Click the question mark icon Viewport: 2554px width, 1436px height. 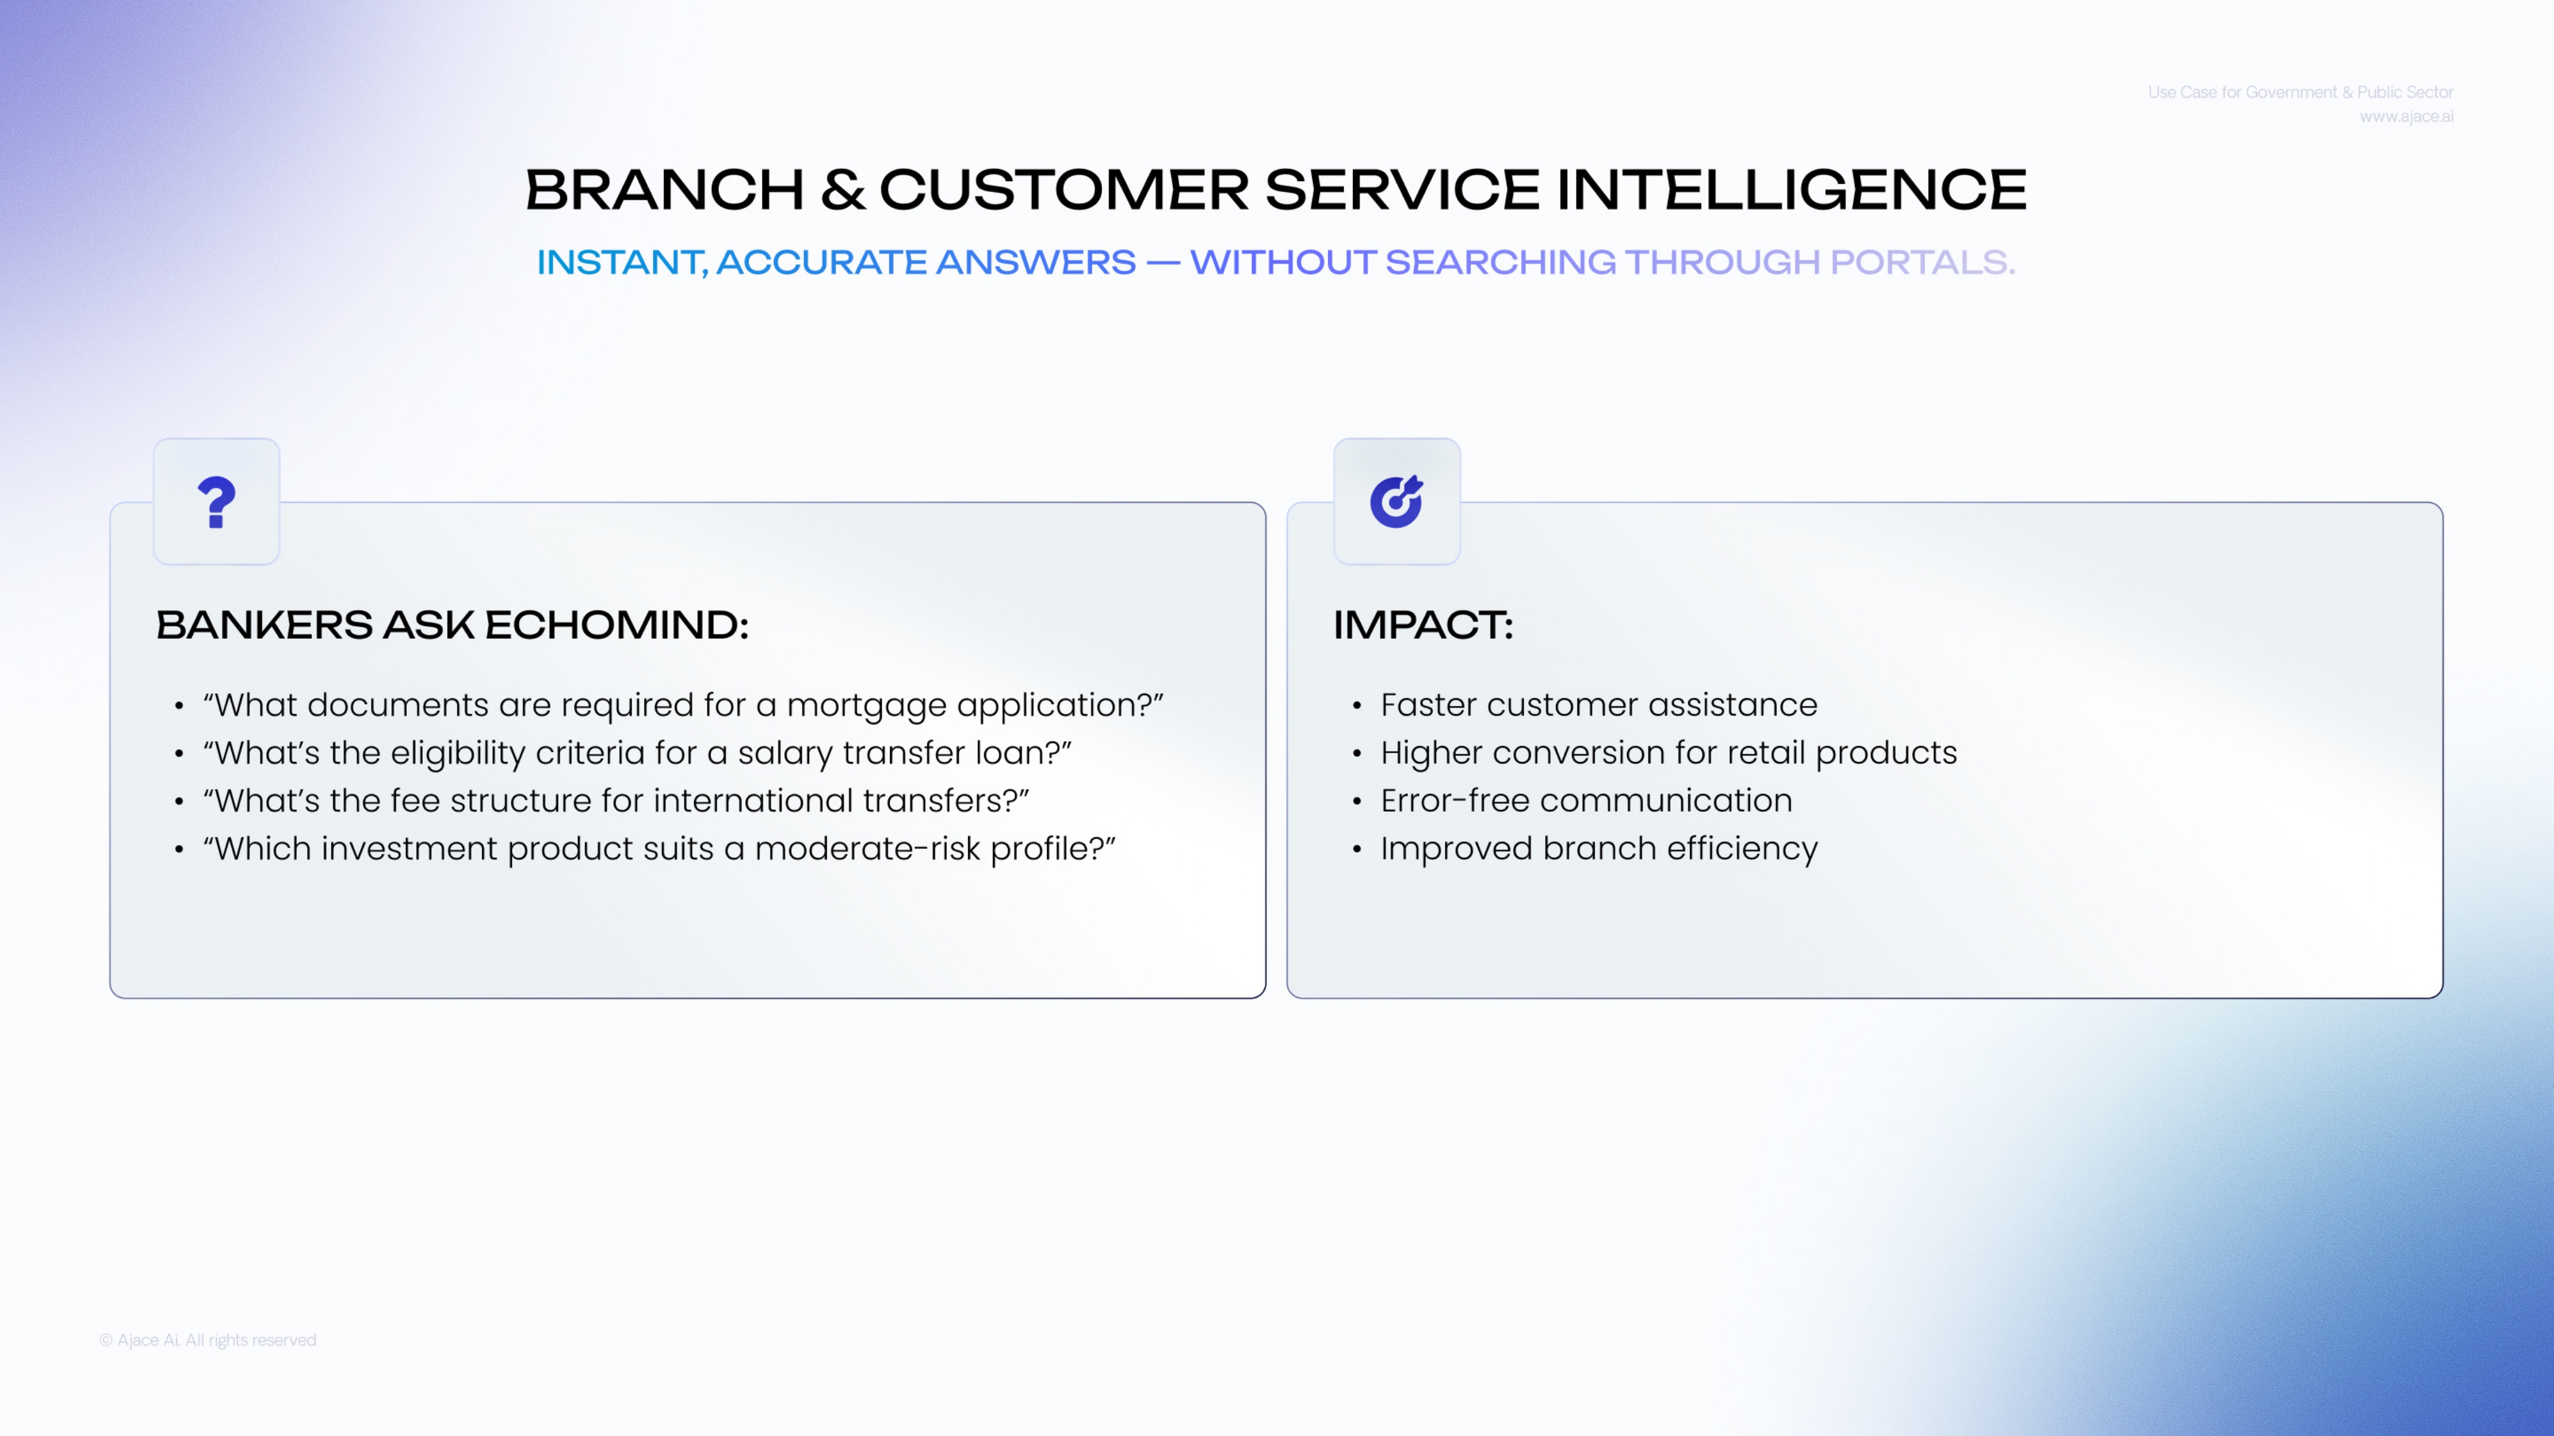[x=216, y=502]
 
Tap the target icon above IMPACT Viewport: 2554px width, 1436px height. [x=1396, y=502]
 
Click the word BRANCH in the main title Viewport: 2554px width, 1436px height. [x=664, y=190]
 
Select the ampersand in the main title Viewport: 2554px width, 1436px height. [x=843, y=190]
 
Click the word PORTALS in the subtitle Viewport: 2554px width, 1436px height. [x=1921, y=262]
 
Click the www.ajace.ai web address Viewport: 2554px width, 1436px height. [x=2407, y=117]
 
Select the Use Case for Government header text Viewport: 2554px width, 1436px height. [x=2300, y=92]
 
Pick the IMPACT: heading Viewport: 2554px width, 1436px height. [x=1423, y=625]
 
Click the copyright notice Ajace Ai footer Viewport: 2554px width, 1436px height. [x=208, y=1340]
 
